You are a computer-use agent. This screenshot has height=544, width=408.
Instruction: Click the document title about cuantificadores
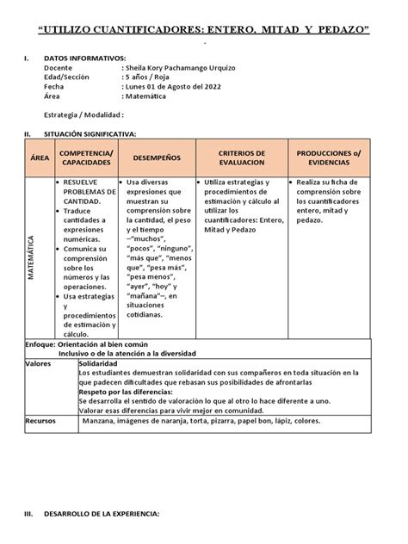204,31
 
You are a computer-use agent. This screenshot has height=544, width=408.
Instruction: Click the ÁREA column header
40,158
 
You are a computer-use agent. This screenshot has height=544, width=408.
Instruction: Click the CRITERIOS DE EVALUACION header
241,158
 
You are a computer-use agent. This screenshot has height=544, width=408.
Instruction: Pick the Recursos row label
40,421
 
